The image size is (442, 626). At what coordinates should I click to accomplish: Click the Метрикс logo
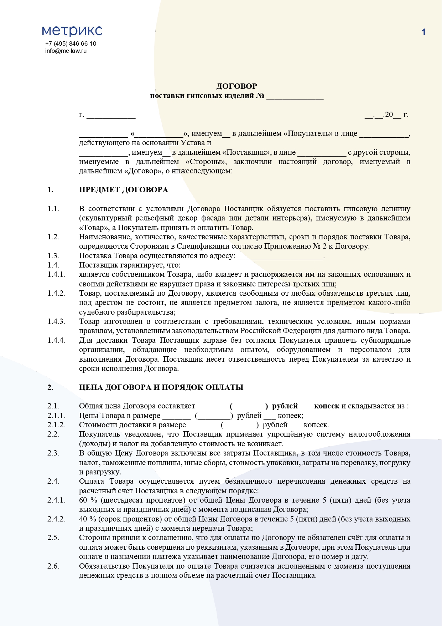(72, 31)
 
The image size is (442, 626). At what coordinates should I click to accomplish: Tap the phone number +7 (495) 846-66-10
(71, 44)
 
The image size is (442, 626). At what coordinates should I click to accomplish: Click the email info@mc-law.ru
(66, 51)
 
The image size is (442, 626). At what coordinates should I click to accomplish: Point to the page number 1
(423, 32)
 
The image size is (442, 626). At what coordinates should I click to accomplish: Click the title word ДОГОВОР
(236, 86)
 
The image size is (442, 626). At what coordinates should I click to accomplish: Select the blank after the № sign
(295, 96)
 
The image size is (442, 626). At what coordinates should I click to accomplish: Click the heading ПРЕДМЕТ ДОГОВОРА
(123, 190)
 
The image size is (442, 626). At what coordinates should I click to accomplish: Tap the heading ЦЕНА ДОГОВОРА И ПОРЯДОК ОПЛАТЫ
(161, 387)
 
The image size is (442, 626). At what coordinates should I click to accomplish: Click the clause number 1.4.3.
(57, 322)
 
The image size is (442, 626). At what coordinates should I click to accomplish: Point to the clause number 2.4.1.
(57, 500)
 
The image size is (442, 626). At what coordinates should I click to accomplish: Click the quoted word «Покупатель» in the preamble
(308, 134)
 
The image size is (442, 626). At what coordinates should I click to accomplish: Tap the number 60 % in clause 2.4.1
(88, 500)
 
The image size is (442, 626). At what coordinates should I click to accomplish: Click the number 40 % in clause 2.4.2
(88, 519)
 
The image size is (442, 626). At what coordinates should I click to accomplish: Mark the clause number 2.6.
(53, 566)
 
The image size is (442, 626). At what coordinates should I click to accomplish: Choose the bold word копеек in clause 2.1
(327, 406)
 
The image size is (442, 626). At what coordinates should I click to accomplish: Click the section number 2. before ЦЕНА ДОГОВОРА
(50, 387)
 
